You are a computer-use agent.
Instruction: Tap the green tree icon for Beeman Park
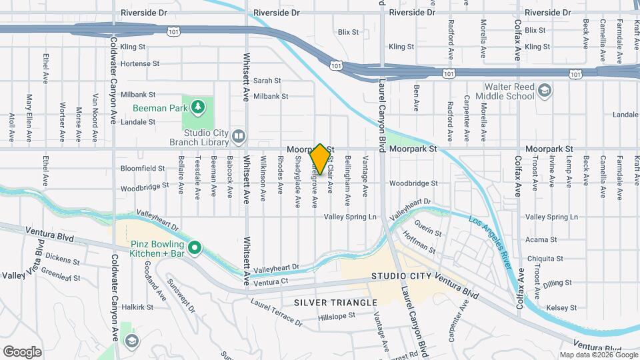[x=198, y=107]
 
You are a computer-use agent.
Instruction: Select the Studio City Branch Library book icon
[x=238, y=137]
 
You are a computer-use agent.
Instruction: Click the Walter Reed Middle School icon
[x=545, y=91]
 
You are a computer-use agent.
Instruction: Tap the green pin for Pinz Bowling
[x=195, y=249]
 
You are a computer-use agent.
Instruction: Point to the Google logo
[x=23, y=351]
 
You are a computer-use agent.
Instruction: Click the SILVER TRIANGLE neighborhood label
[x=335, y=303]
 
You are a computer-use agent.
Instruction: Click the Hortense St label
[x=141, y=64]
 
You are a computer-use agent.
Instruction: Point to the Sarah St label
[x=267, y=80]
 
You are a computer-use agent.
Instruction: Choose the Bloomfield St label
[x=143, y=169]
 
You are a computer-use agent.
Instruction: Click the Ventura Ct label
[x=271, y=282]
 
